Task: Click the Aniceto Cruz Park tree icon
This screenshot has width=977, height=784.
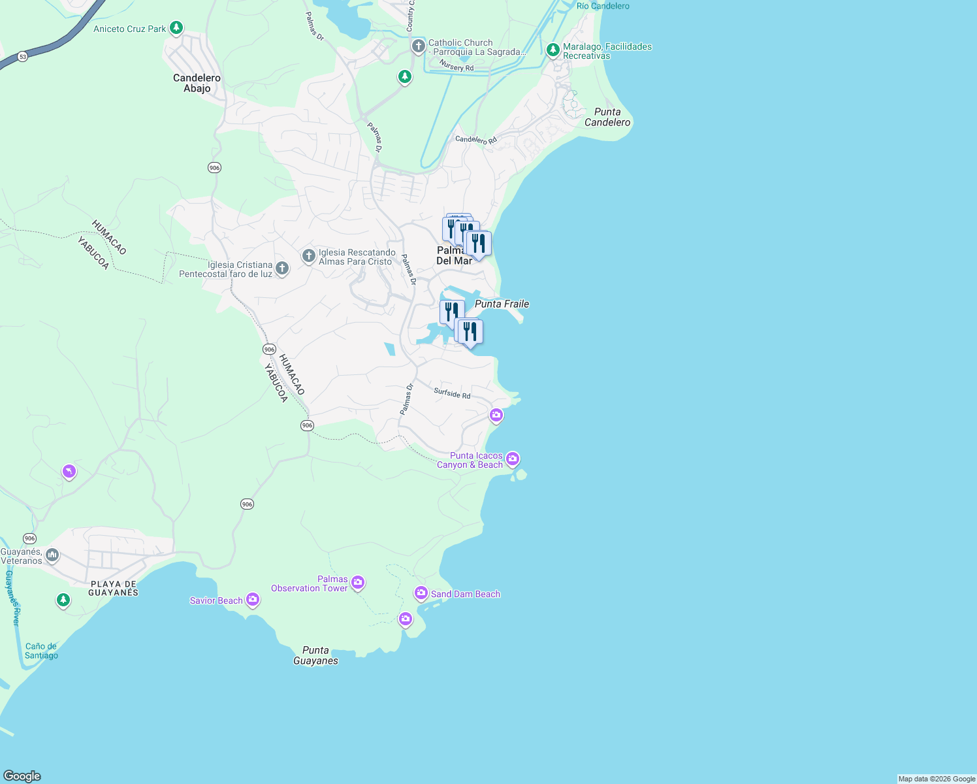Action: (176, 28)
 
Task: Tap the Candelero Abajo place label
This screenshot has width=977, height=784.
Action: (197, 83)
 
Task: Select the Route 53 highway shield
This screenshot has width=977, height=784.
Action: (23, 57)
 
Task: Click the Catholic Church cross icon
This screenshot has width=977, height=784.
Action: (419, 46)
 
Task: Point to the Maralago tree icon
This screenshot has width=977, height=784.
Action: (553, 50)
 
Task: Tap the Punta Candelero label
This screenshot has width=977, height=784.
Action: (607, 117)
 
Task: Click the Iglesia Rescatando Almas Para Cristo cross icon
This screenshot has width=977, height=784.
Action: (309, 256)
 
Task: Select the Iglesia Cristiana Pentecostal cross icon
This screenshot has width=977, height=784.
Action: (282, 268)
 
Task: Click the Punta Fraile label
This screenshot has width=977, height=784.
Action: (502, 304)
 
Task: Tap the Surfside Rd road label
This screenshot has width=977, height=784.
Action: (452, 393)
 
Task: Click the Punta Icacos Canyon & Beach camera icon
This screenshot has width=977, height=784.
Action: (513, 459)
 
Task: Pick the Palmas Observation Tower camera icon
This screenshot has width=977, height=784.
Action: (358, 582)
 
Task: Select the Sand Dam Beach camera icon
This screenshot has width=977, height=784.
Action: (421, 593)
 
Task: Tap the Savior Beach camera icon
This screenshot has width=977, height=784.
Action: (253, 600)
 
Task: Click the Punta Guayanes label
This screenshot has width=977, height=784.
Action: (315, 655)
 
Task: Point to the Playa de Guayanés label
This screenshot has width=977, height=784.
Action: (114, 588)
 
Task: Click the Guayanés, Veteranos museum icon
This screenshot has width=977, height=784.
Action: (52, 555)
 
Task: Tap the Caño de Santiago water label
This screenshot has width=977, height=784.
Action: (41, 651)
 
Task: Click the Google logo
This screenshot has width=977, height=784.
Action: (22, 776)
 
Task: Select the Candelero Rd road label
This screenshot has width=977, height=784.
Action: (475, 140)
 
